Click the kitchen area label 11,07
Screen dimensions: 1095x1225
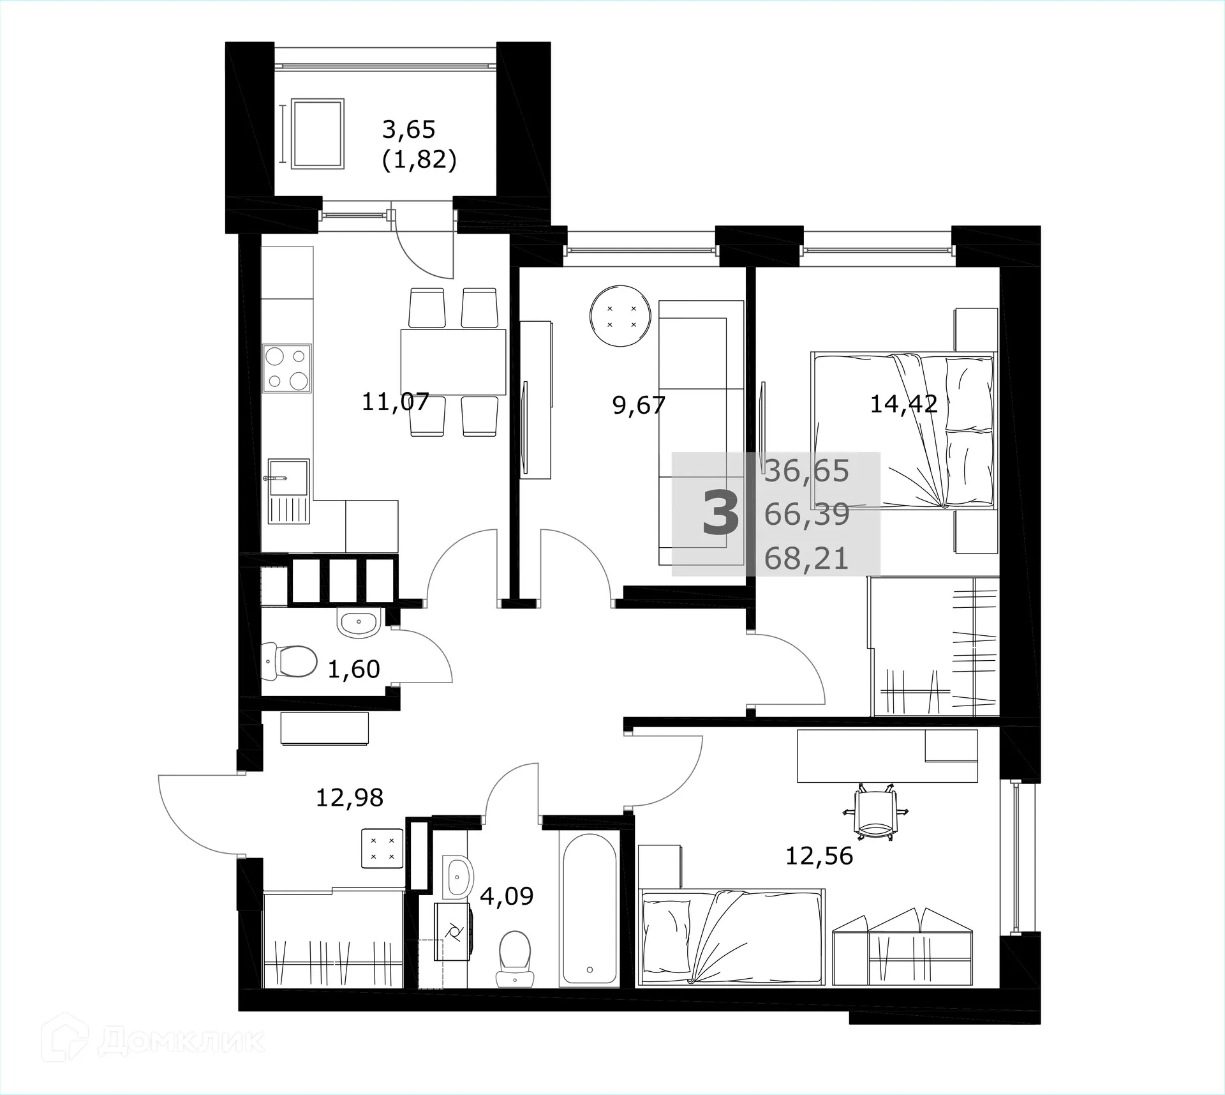pos(395,402)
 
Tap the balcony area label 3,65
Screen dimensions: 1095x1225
pos(408,130)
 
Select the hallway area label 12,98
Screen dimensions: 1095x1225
pos(350,797)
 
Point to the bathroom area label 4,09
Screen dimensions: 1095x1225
pos(507,896)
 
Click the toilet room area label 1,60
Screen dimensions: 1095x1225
pos(353,669)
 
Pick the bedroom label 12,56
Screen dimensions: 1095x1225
pos(819,856)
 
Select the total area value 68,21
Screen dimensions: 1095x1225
pos(806,559)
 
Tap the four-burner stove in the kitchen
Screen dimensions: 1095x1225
pos(287,368)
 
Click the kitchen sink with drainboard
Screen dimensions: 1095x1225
pos(288,490)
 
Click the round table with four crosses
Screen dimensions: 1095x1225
pos(621,316)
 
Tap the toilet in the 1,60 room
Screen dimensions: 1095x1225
pos(291,661)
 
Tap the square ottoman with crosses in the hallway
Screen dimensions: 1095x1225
pos(382,848)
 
